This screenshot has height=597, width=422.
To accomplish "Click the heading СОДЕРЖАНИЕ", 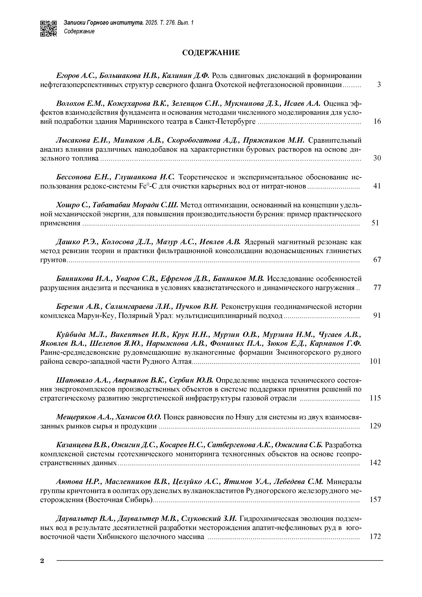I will point(211,53).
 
